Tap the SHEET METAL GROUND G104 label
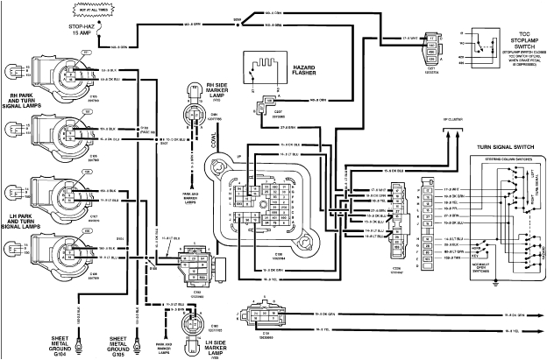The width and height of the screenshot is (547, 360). coord(63,343)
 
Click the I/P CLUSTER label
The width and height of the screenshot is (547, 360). coord(451,119)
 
